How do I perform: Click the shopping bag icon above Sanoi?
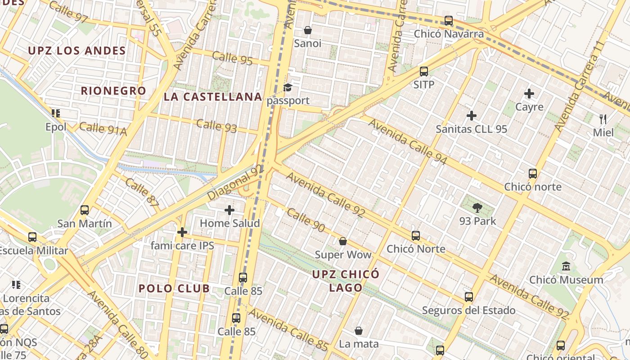coord(308,30)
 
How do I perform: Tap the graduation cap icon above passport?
coord(288,87)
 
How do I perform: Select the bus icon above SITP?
coord(423,71)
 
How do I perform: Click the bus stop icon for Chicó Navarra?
coord(448,20)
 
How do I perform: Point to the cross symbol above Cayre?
coord(529,94)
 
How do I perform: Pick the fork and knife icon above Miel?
coord(603,119)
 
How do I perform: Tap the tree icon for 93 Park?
coord(477,207)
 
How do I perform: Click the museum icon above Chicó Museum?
coord(566,266)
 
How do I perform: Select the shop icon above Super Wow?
coord(343,241)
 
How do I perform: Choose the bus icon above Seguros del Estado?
coord(468,297)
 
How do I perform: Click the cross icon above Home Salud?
coord(229,210)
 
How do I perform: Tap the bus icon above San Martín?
coord(84,210)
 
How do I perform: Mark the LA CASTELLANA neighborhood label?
coord(213,97)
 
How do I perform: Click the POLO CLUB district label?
coord(174,288)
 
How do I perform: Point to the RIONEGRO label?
coord(113,90)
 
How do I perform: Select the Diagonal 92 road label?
coord(235,183)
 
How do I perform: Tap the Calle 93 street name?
coord(216,126)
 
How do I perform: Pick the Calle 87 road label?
coord(142,193)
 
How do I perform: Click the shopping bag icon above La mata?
coord(359,331)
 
